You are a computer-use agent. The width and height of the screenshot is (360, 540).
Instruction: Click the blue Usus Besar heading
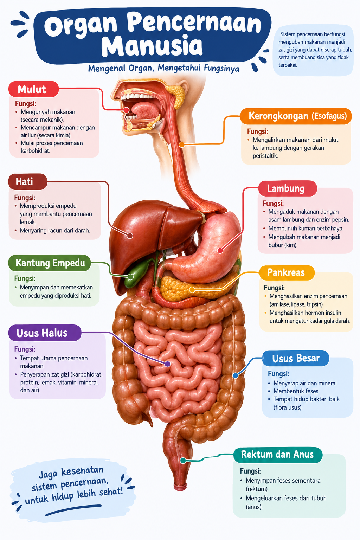(296, 358)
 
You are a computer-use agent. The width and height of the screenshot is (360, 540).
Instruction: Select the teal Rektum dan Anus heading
(278, 455)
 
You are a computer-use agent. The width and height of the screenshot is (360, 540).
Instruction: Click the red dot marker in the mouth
(126, 110)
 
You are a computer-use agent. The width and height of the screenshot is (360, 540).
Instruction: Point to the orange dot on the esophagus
(182, 144)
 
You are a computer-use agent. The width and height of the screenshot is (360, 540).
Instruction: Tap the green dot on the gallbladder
(130, 277)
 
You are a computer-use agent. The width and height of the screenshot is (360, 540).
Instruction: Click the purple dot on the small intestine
(167, 364)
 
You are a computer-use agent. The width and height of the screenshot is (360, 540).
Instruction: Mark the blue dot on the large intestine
(235, 375)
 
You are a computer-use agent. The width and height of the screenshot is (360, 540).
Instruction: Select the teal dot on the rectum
(183, 461)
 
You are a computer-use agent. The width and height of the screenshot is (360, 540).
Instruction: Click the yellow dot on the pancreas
(192, 290)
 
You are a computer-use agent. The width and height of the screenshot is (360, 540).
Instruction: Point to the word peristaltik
(265, 156)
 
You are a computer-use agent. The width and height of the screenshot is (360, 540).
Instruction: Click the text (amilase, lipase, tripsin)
(297, 304)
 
